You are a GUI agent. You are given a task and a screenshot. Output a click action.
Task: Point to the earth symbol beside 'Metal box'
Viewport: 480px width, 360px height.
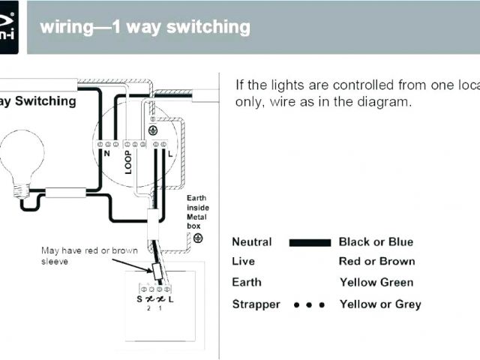pos(198,238)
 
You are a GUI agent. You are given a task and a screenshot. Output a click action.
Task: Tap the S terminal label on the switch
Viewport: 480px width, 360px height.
pos(139,299)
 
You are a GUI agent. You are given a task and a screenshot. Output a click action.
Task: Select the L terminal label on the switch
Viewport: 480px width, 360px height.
pos(172,299)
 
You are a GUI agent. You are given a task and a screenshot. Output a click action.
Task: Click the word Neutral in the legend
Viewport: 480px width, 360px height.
pos(252,241)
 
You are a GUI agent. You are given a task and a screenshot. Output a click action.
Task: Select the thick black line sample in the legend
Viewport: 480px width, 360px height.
pos(310,242)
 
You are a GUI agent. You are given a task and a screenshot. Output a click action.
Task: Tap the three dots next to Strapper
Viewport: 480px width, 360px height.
pos(309,304)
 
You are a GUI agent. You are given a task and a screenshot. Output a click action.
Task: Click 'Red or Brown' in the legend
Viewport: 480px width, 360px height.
pos(376,262)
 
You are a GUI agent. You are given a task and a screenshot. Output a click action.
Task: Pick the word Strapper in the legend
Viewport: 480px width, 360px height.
pos(256,304)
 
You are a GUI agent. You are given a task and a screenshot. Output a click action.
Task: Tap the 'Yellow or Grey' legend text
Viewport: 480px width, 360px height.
pos(380,304)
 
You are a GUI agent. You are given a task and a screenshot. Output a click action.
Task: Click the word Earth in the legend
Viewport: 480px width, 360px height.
pos(247,282)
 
